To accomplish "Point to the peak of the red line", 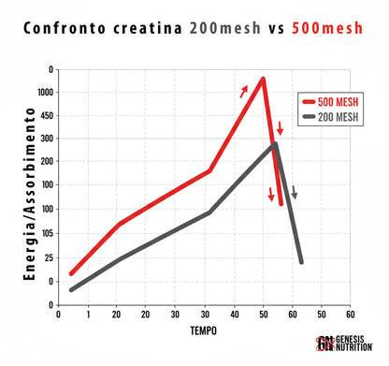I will (264, 79).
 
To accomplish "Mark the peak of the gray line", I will (275, 144).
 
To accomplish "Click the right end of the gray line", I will (301, 262).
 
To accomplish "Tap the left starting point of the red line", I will (71, 274).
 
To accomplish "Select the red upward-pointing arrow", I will (244, 91).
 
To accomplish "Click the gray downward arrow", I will (294, 193).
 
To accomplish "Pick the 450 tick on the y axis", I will (44, 115).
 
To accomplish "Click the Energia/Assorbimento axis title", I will (29, 187).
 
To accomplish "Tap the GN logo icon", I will (324, 344).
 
